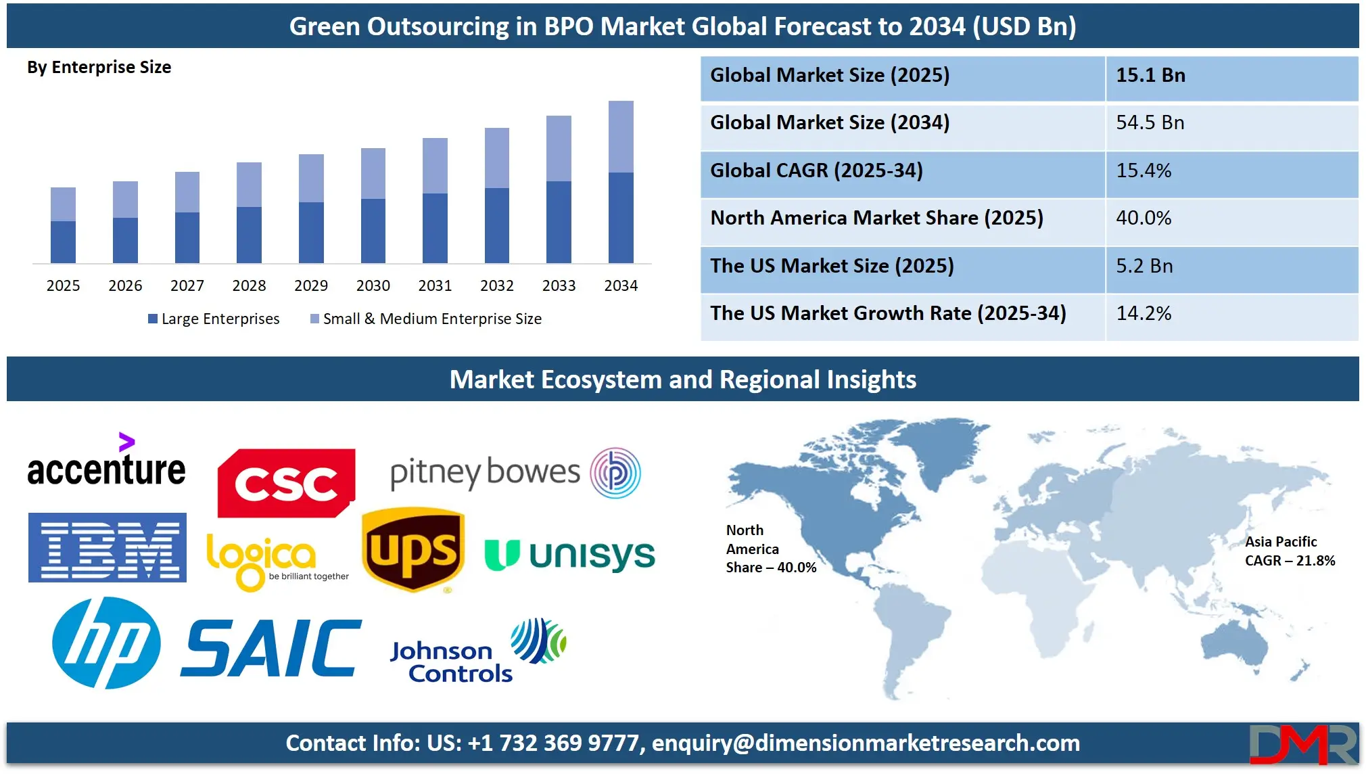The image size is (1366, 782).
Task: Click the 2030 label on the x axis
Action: [373, 285]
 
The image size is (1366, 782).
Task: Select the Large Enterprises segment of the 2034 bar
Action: [621, 218]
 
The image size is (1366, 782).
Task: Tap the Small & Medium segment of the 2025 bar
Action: [63, 204]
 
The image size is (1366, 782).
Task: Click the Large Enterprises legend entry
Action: [214, 319]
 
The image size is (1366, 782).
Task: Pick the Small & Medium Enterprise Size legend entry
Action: [426, 319]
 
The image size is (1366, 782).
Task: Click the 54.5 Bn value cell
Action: [1150, 122]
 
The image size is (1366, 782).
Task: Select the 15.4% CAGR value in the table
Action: [1144, 170]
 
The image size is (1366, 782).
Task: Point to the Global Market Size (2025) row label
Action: [830, 75]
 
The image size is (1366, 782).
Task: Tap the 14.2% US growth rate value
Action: [1144, 313]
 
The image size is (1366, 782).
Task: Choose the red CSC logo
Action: [286, 483]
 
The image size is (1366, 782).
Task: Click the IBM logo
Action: [108, 547]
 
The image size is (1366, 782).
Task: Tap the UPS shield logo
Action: [413, 549]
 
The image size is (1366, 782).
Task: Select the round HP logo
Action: [106, 643]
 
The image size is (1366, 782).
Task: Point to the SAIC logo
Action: [271, 648]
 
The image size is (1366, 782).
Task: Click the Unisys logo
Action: [570, 555]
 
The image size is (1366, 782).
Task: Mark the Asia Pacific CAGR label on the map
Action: [1290, 551]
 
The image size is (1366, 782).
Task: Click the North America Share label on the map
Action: [771, 549]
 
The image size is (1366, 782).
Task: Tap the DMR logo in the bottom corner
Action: [1303, 744]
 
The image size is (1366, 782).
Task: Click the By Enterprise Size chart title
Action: [99, 67]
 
